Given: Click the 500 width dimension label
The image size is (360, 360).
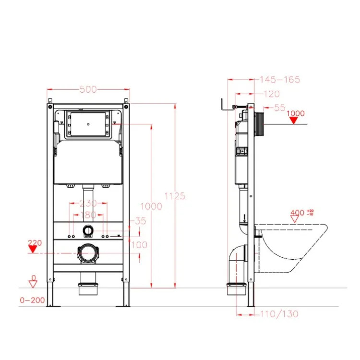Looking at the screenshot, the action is [x=88, y=90].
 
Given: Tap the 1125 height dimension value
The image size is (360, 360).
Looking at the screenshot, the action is [x=175, y=196].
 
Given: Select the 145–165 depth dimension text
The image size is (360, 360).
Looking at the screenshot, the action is [x=280, y=80].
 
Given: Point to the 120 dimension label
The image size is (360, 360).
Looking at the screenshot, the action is [x=272, y=94].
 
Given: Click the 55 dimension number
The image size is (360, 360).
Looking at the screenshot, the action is [x=280, y=108].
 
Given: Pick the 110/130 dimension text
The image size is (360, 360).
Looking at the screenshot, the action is [x=279, y=314].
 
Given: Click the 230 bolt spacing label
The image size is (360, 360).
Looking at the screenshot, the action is [x=88, y=203].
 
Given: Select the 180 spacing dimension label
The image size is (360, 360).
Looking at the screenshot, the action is [x=88, y=215].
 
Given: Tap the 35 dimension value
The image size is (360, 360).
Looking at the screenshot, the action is [x=141, y=221].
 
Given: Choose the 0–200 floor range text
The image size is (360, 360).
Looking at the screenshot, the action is [x=32, y=300].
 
